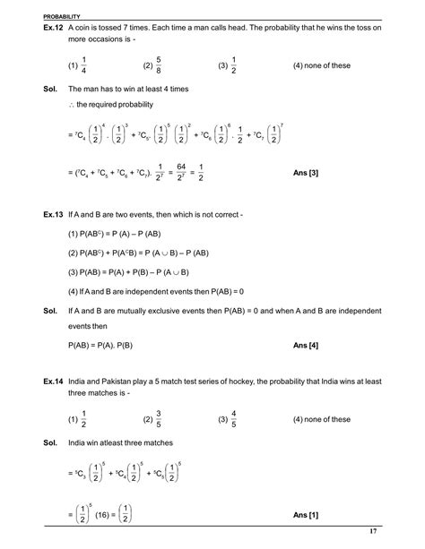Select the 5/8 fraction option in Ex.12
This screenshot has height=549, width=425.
[x=160, y=65]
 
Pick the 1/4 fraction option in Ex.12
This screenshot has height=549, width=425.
[x=84, y=65]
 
